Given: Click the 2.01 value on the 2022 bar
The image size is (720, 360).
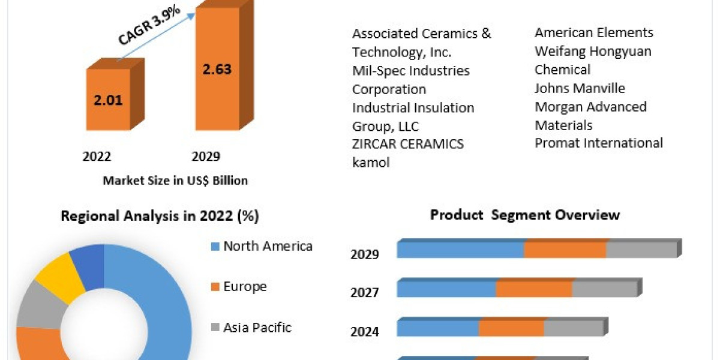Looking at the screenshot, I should pos(108,100).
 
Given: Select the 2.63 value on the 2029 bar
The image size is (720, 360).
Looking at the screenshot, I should pos(217,68).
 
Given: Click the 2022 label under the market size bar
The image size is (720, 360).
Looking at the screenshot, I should pos(97,157).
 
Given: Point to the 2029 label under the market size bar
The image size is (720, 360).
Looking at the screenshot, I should pos(206,157).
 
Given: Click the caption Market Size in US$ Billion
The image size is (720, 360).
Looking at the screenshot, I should pos(175,181).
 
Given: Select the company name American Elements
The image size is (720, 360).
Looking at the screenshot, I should pos(594,33).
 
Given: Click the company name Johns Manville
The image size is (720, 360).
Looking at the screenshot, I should pos(580,88).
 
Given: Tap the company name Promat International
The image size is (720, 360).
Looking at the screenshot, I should pos(599,143).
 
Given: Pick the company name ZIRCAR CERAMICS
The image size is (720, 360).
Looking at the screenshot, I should pos(408,144).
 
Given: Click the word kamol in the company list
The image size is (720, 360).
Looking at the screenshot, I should pos(371,163).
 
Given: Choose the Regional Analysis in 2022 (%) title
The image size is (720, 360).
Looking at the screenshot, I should pos(160,217).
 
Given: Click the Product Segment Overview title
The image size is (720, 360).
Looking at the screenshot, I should pos(525,215).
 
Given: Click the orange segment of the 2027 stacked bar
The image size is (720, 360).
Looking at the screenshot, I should pos(534,289).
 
